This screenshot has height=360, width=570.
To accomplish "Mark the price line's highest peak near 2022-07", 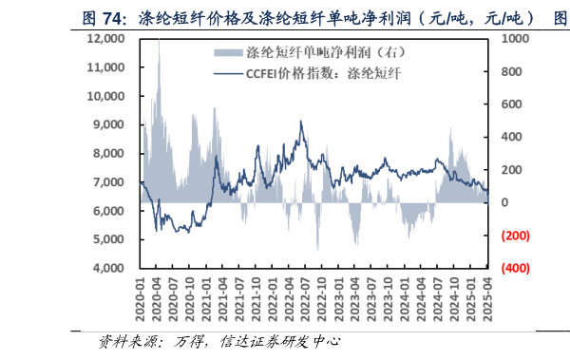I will click(x=301, y=122).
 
